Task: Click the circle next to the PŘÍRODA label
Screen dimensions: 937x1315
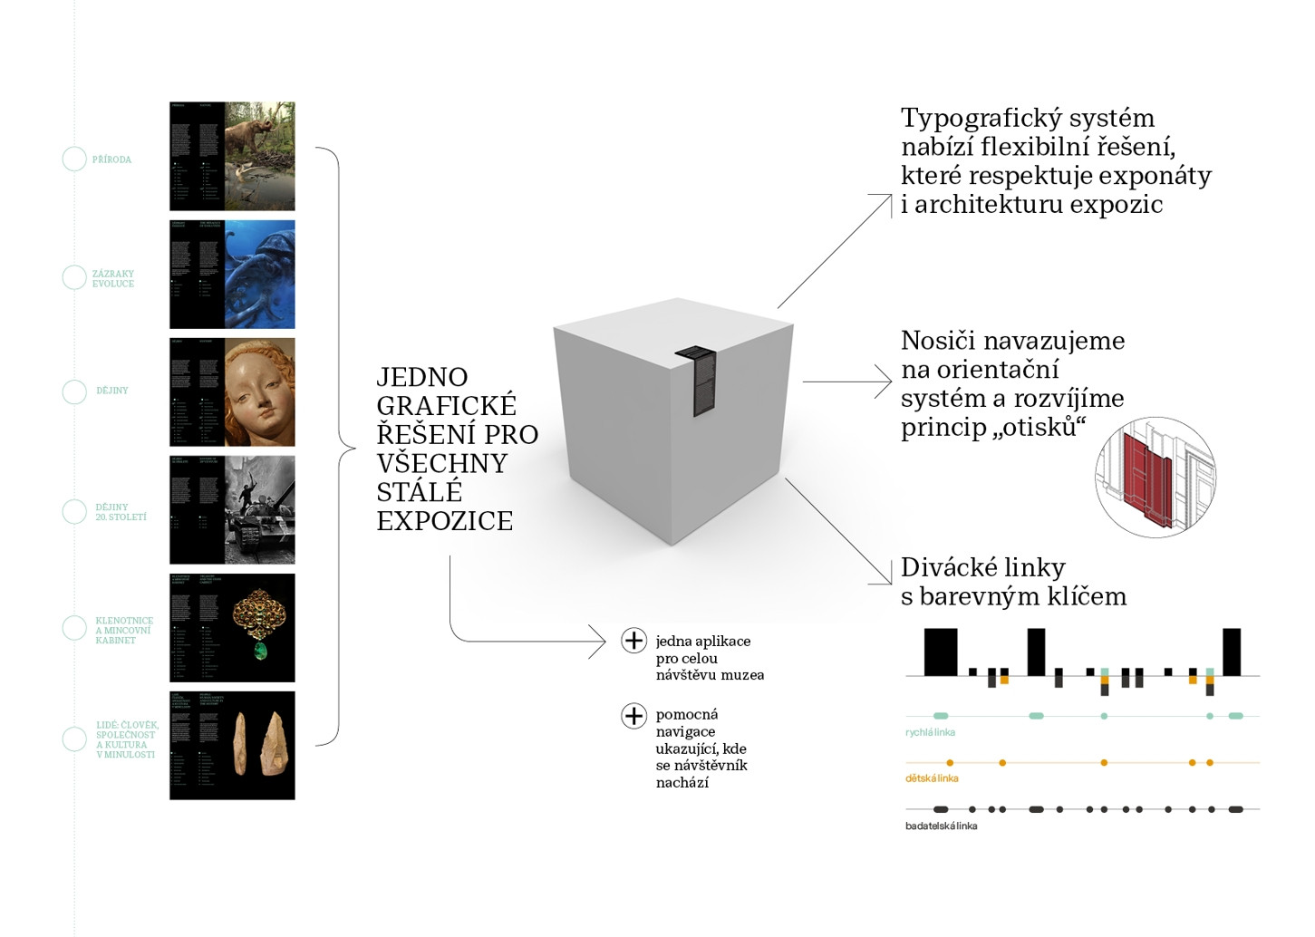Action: [x=74, y=159]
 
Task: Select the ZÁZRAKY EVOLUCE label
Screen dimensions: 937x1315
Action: [x=112, y=278]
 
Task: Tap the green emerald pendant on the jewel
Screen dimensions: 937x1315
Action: [x=260, y=650]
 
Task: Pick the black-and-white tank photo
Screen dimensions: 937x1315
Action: [x=259, y=509]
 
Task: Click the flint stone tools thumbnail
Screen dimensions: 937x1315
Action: [x=259, y=745]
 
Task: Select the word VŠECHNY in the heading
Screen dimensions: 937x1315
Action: [x=441, y=463]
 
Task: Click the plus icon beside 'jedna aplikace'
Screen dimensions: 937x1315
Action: [x=633, y=641]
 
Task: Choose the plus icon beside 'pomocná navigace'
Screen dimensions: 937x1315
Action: [x=633, y=715]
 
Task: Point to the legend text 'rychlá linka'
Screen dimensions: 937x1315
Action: [x=930, y=732]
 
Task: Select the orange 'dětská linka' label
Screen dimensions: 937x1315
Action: [x=932, y=778]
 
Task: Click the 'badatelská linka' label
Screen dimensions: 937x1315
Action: [x=941, y=826]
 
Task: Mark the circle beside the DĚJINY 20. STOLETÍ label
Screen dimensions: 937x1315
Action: [x=74, y=512]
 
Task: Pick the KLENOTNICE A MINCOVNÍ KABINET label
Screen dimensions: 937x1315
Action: [x=124, y=631]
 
